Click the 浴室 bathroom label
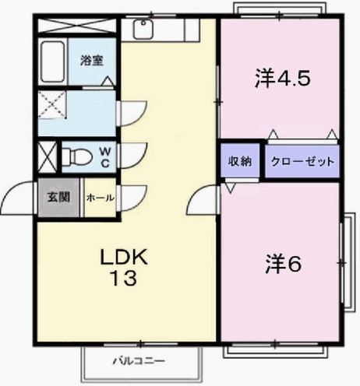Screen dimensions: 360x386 click(92, 61)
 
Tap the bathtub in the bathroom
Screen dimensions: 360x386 click(53, 61)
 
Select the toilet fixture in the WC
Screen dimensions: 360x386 click(77, 156)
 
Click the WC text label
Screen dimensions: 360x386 click(104, 157)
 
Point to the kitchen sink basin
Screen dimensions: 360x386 click(143, 30)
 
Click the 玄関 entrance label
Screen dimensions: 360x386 click(58, 198)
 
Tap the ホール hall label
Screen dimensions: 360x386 click(101, 198)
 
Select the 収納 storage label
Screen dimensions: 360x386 click(239, 161)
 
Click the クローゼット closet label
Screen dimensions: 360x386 click(302, 162)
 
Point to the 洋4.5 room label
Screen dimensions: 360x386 click(283, 79)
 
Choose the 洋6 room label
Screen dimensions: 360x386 click(283, 264)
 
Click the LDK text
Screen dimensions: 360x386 click(124, 257)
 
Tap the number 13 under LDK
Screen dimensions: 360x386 click(124, 278)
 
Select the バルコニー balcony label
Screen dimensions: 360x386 click(139, 361)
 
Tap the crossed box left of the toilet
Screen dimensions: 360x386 click(48, 156)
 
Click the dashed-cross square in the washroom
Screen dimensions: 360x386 click(52, 104)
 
